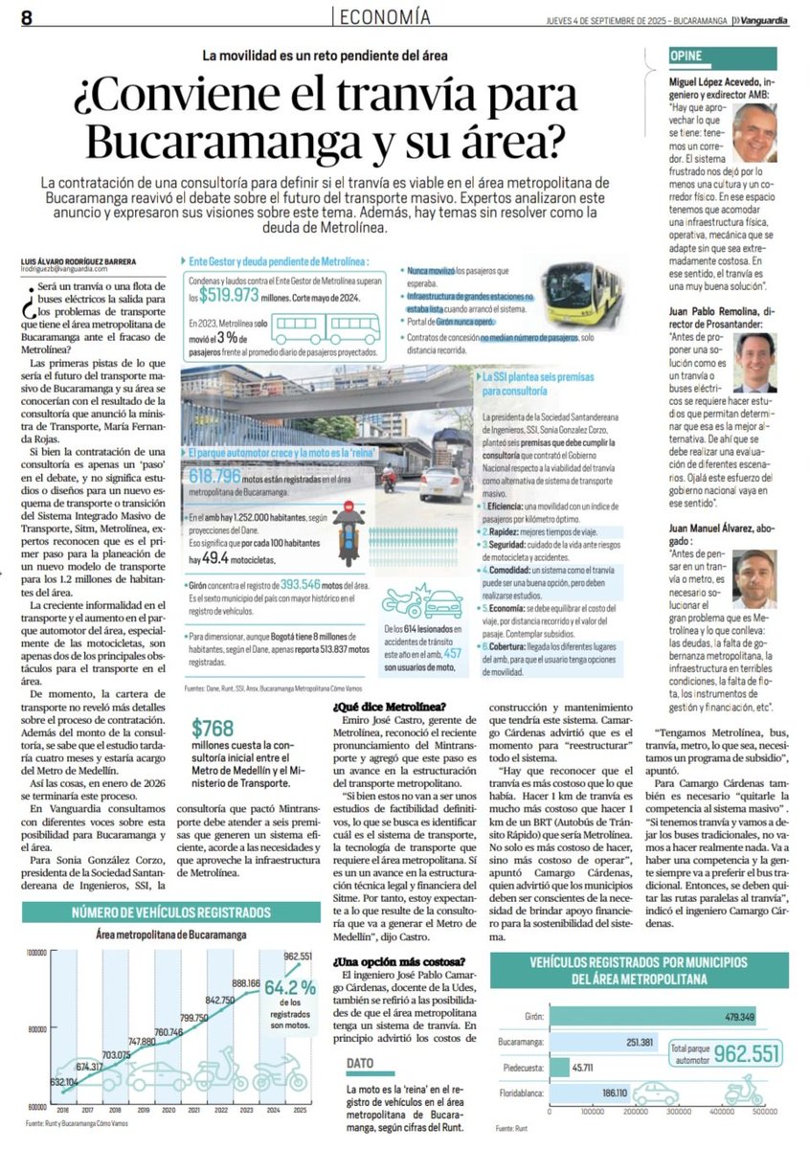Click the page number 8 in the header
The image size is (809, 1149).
[x=27, y=17]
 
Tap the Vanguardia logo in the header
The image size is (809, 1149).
[x=768, y=18]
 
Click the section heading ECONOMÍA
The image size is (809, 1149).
[x=384, y=16]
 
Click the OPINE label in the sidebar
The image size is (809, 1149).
[x=688, y=57]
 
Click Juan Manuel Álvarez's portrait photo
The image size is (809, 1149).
[x=755, y=574]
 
